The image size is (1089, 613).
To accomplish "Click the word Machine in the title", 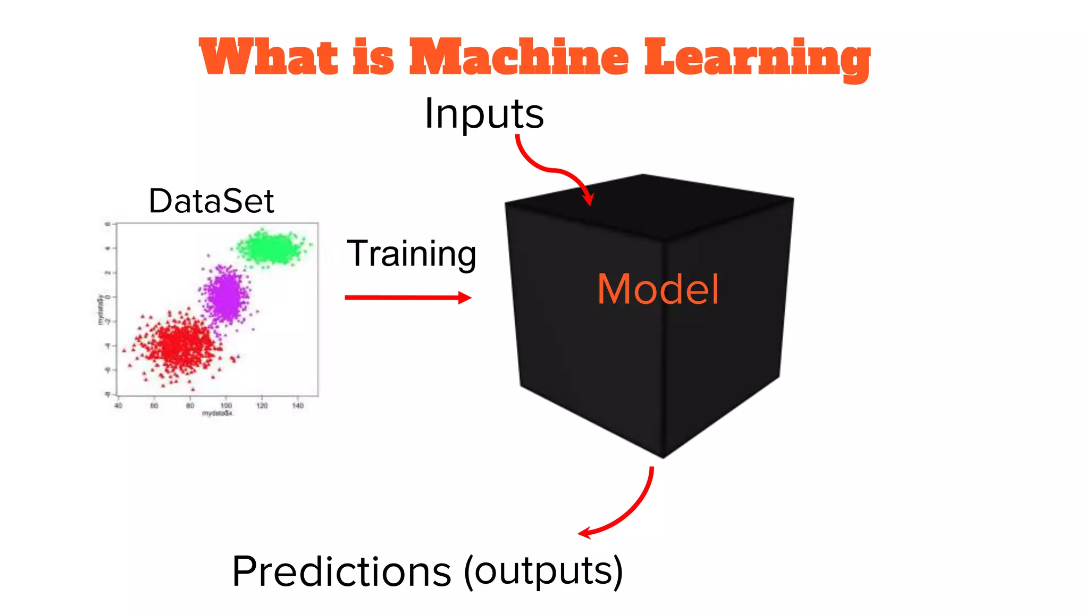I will pos(518,57).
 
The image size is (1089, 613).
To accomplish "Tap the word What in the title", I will pos(269,57).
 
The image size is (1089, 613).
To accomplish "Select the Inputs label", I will pos(484,114).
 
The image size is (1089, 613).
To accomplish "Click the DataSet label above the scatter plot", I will pos(211,201).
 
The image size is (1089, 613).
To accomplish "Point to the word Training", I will pos(411,254).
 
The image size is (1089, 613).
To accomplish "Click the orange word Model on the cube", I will pos(658,289).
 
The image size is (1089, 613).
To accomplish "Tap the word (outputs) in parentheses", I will pos(543,571).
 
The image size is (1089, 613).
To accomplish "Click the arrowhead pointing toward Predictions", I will pos(585,533).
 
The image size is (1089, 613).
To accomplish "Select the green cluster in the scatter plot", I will pos(273,248).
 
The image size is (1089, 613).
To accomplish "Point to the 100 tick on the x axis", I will pos(226,405).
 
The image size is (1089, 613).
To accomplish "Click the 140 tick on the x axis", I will pos(298,405).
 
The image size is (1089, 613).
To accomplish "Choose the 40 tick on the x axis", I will pos(118,405).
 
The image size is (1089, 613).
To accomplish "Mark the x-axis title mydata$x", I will pos(217,413).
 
